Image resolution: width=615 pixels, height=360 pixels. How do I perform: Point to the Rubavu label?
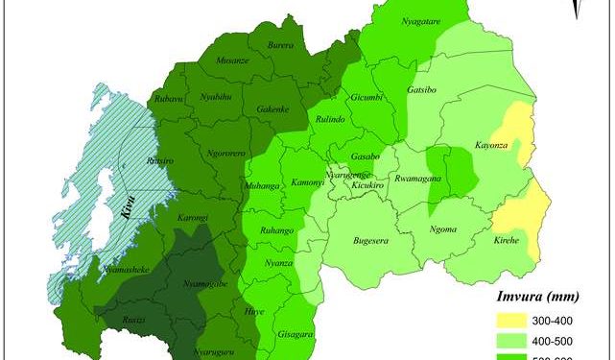point(168,99)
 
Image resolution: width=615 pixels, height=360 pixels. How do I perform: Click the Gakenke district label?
point(273,110)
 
